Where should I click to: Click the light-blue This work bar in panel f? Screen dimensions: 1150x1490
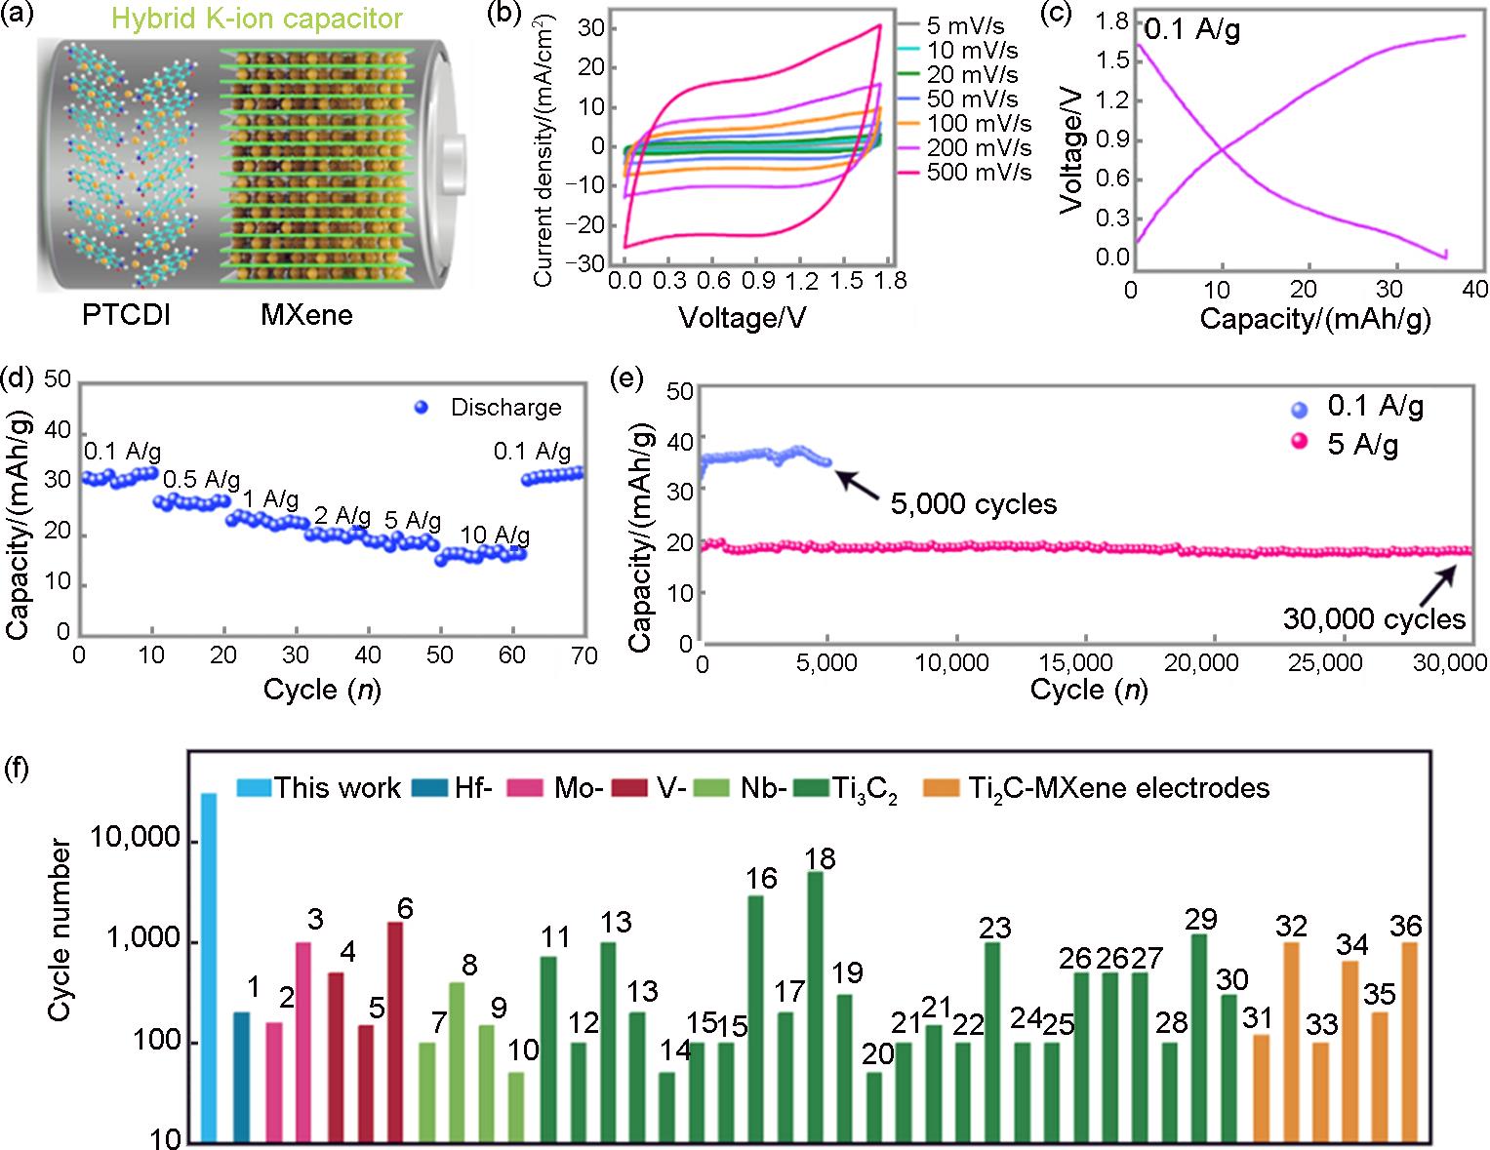(x=209, y=966)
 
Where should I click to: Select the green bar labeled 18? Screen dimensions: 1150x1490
(x=815, y=1005)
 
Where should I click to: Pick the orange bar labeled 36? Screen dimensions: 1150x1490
(x=1409, y=1041)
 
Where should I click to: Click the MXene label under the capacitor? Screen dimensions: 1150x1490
(x=306, y=315)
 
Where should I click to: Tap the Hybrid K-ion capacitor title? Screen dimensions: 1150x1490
(x=257, y=18)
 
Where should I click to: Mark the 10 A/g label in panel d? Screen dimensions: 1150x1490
(x=495, y=535)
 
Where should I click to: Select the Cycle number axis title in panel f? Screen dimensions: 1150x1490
(x=60, y=930)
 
